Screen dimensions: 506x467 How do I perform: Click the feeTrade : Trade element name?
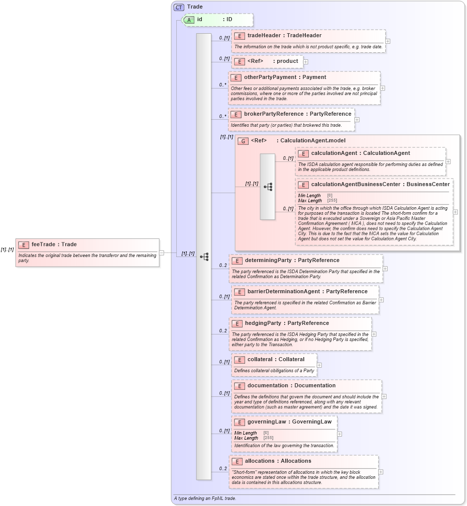pos(54,244)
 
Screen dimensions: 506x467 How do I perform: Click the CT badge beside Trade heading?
pos(179,7)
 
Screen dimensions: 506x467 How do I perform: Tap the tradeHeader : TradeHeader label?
pos(284,36)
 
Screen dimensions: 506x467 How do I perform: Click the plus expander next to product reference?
pos(306,61)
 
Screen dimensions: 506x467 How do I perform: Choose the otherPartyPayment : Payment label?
pos(285,77)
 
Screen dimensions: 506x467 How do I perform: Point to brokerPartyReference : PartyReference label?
pos(297,114)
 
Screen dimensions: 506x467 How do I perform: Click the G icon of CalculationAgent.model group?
pos(243,141)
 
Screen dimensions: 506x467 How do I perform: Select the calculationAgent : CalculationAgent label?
pos(360,153)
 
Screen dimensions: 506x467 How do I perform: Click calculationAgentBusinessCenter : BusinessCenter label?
pos(380,185)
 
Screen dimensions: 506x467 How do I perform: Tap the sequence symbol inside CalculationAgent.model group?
pos(268,187)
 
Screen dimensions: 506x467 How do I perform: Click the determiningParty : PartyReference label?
pos(292,261)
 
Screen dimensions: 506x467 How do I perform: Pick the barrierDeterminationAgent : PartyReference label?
pos(307,292)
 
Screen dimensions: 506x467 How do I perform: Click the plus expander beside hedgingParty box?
pos(374,334)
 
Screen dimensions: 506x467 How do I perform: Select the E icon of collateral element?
pos(239,360)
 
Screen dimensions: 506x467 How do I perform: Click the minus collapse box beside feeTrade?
pos(162,253)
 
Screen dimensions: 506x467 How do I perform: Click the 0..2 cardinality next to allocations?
pos(223,469)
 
